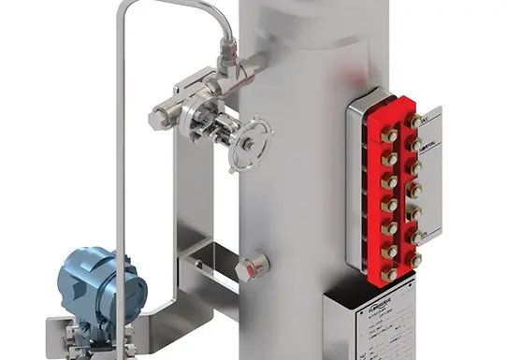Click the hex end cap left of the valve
[159, 119]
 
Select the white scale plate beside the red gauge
[431, 178]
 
